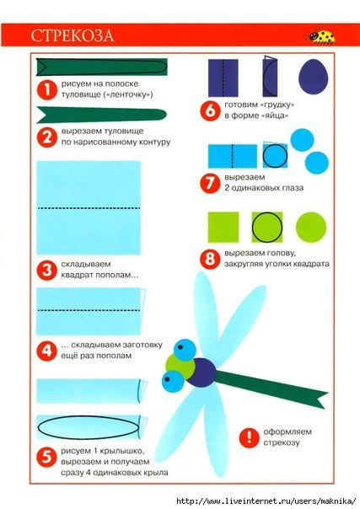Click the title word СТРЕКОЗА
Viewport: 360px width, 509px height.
(x=73, y=35)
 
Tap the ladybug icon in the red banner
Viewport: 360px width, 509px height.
(x=320, y=35)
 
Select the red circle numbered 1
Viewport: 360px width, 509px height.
(x=47, y=89)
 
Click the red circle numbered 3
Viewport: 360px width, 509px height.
(x=47, y=270)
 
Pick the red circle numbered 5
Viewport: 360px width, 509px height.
(x=47, y=457)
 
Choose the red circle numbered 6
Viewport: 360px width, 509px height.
(x=210, y=110)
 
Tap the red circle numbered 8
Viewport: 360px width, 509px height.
(x=210, y=259)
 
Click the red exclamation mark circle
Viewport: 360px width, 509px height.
(x=250, y=437)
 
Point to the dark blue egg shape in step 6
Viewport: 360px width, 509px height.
(x=313, y=77)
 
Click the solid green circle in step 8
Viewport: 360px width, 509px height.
(x=310, y=228)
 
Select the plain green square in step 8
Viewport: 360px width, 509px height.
(x=223, y=228)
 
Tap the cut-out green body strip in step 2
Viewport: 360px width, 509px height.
(x=102, y=115)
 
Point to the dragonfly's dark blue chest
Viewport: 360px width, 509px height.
(x=201, y=372)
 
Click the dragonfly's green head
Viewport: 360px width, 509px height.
(x=179, y=367)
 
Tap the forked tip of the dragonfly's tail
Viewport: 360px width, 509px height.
(x=322, y=400)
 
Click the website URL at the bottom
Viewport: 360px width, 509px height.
(x=266, y=501)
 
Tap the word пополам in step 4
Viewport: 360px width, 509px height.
(x=113, y=356)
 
